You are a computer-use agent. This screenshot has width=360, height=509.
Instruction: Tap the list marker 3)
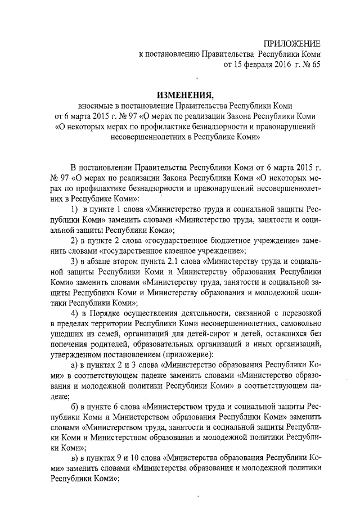[74, 262]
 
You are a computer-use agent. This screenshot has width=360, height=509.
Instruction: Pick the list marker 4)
[74, 313]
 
